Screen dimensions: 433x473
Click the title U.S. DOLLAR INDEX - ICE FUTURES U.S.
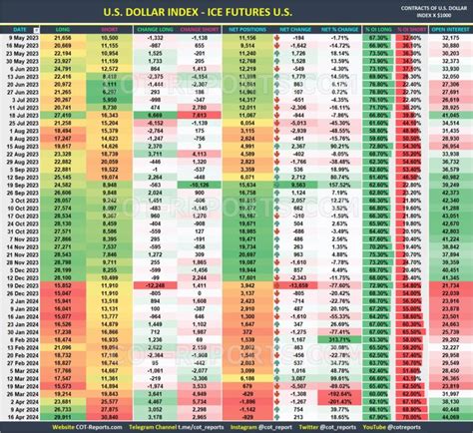236,10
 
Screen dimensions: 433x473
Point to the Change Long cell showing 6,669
154,117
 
